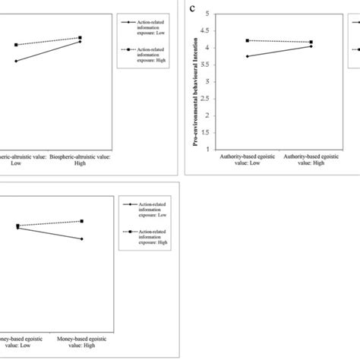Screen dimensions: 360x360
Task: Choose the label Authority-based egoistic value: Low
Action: (248, 160)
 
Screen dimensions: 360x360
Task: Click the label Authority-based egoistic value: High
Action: (311, 160)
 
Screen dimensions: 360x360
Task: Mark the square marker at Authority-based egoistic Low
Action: (248, 40)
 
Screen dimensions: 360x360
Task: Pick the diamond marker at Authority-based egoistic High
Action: (311, 46)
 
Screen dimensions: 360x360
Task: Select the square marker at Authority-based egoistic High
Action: (311, 43)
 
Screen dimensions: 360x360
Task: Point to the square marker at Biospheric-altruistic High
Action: (81, 37)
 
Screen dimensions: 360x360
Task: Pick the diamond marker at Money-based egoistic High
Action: (81, 239)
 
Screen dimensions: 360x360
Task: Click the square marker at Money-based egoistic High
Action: (81, 221)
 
